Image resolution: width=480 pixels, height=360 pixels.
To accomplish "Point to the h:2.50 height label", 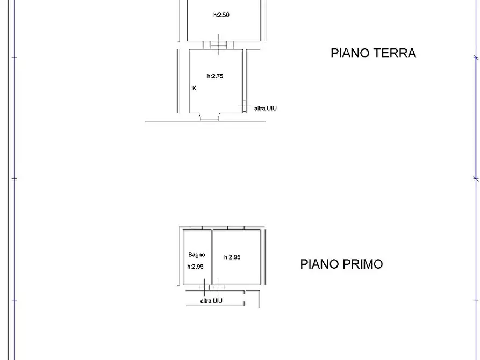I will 221,15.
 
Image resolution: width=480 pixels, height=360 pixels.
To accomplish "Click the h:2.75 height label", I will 215,76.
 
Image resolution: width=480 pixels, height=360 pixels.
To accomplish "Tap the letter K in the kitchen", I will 194,88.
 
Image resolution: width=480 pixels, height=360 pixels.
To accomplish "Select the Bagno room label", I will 196,255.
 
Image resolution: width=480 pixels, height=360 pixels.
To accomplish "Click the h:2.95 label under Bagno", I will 195,267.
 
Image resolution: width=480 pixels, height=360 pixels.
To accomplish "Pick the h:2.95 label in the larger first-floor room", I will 232,257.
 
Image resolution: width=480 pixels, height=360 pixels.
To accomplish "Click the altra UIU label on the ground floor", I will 266,108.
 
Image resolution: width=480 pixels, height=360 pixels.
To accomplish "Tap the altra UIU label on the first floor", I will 211,301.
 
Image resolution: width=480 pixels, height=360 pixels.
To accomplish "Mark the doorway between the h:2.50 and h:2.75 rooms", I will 219,45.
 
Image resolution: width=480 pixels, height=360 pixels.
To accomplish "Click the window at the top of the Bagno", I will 196,228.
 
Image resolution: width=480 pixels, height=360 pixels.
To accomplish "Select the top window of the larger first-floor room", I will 235,228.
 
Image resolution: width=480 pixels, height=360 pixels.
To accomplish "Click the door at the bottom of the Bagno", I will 201,287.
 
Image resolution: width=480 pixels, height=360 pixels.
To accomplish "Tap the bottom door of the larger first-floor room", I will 219,287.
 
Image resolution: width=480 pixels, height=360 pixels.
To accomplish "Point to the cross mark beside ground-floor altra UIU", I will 245,108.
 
